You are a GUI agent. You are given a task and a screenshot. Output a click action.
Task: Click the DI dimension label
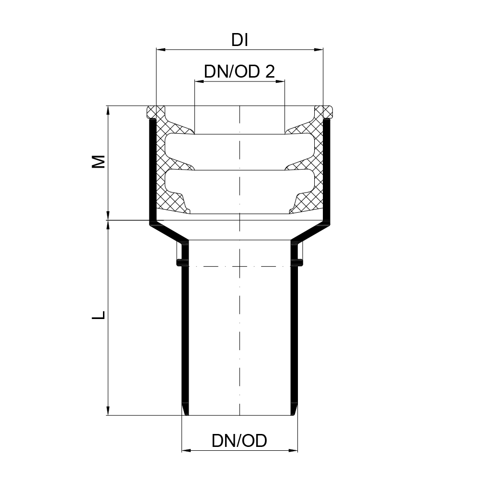(x=240, y=40)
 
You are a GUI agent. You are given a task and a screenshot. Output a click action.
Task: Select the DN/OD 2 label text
(x=239, y=72)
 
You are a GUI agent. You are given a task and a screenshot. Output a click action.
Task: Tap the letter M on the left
(x=99, y=161)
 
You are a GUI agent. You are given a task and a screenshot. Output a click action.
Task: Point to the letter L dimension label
(x=99, y=315)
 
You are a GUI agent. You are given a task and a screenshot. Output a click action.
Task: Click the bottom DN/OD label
(x=239, y=441)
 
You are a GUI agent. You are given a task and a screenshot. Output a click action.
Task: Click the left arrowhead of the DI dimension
(x=160, y=49)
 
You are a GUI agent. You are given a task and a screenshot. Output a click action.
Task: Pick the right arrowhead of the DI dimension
(x=319, y=49)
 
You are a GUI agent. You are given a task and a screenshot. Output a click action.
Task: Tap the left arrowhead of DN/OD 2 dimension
(x=199, y=81)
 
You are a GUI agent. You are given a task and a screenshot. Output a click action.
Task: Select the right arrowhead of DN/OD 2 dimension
(x=280, y=81)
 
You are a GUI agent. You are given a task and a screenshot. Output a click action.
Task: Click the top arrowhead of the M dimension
(x=107, y=110)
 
